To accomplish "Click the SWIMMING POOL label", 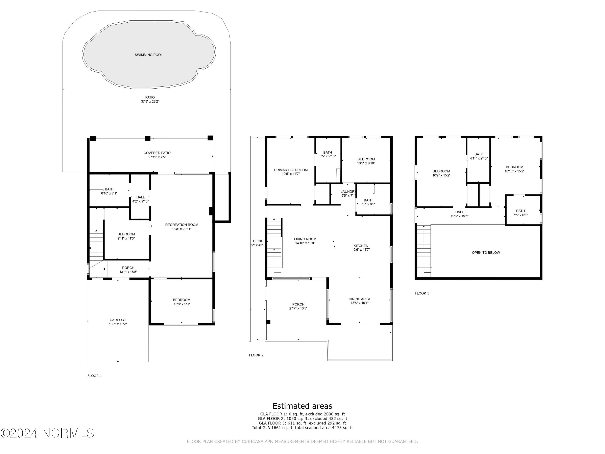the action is pos(148,55).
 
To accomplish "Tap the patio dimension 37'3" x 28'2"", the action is pos(150,101).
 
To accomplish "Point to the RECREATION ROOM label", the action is pos(182,225).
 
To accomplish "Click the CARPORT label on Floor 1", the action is pos(118,320).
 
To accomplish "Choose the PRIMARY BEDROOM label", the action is pos(291,170).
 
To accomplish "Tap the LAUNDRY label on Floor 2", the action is pos(348,191).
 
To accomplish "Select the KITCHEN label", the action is pos(361,246).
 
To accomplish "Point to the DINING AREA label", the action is pos(359,299).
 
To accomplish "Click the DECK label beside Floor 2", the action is pos(257,241).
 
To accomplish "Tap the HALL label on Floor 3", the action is pos(459,212).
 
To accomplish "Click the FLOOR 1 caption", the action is pos(95,376).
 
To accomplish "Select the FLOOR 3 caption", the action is pos(422,293).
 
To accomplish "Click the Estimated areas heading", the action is pos(302,406).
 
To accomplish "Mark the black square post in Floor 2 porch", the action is pos(268,322).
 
